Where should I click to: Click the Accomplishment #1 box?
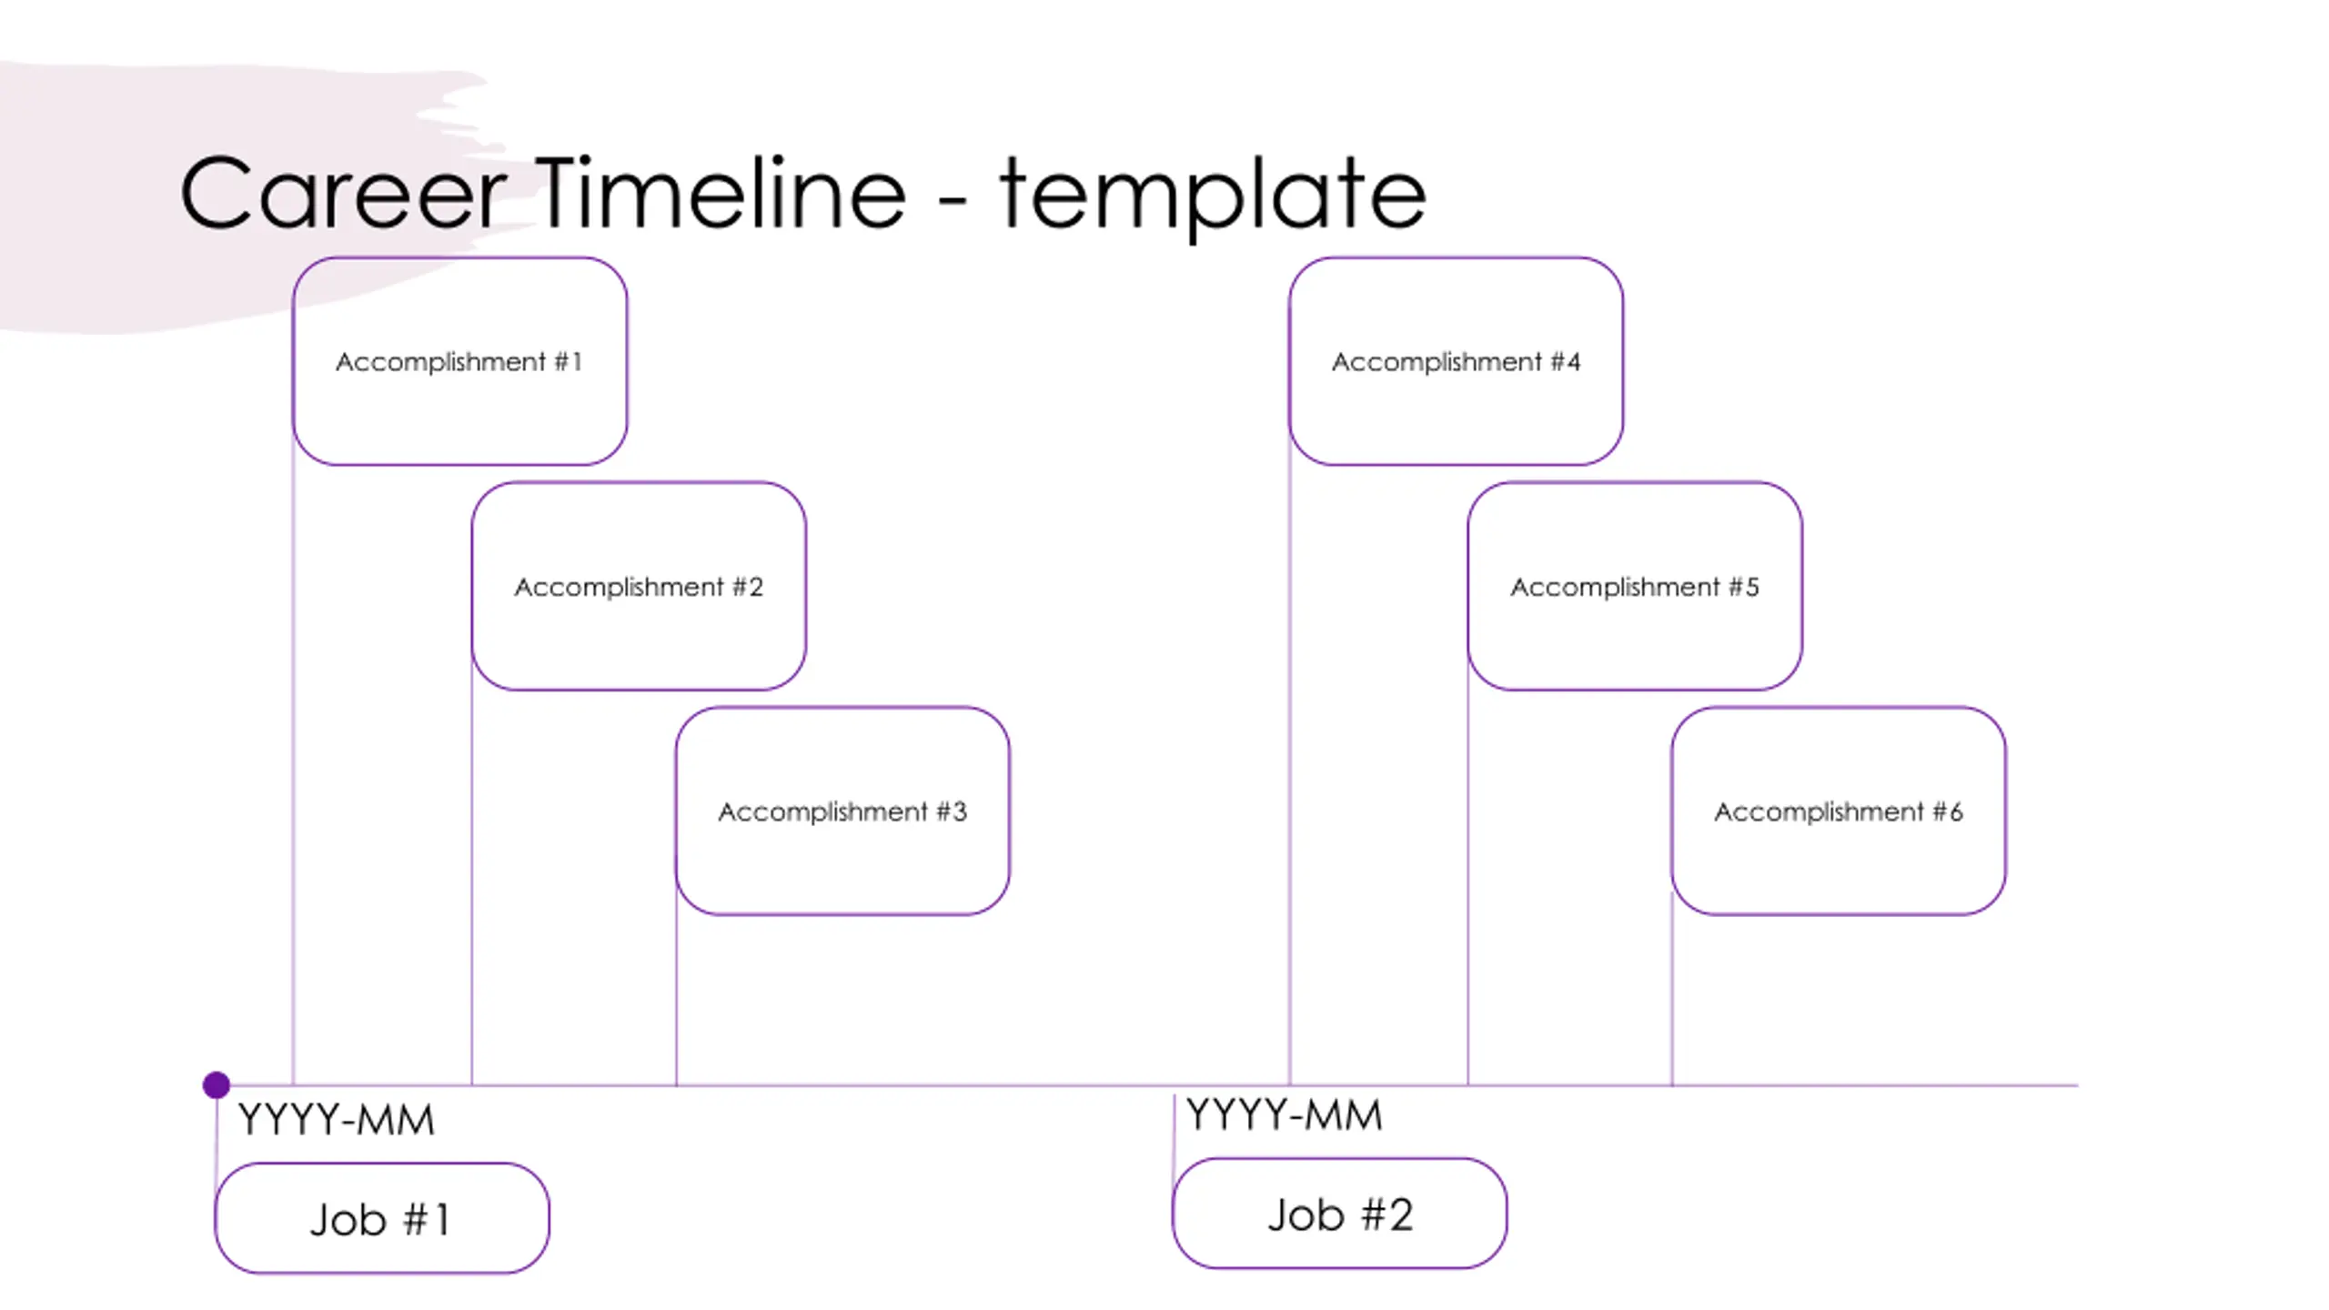(x=459, y=361)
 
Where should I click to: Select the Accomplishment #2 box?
(x=639, y=586)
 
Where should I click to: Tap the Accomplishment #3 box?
(x=842, y=811)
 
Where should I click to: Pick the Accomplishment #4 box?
(x=1456, y=361)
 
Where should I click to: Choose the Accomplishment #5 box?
(x=1635, y=586)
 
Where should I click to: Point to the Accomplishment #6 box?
(x=1839, y=811)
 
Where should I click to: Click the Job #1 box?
(x=382, y=1218)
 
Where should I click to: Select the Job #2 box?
(x=1340, y=1214)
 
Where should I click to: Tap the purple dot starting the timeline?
(x=217, y=1084)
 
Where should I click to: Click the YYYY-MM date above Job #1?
(x=336, y=1120)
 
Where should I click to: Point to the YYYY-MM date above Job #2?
(x=1284, y=1115)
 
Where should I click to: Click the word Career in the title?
(x=343, y=193)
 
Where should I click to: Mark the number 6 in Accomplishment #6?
(x=1955, y=811)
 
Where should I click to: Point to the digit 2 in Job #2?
(x=1399, y=1215)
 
